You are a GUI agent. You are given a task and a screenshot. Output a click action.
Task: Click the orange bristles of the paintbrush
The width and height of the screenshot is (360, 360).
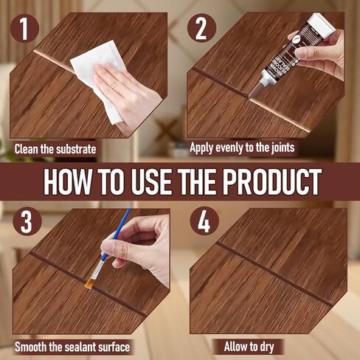point(93,274)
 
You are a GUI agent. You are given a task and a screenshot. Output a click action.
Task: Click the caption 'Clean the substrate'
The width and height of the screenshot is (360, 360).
point(55,148)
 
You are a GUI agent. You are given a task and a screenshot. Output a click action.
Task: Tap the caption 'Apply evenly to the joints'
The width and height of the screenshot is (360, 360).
point(242,148)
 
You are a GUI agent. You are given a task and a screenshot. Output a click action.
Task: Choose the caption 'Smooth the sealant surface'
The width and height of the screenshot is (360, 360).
point(71,346)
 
